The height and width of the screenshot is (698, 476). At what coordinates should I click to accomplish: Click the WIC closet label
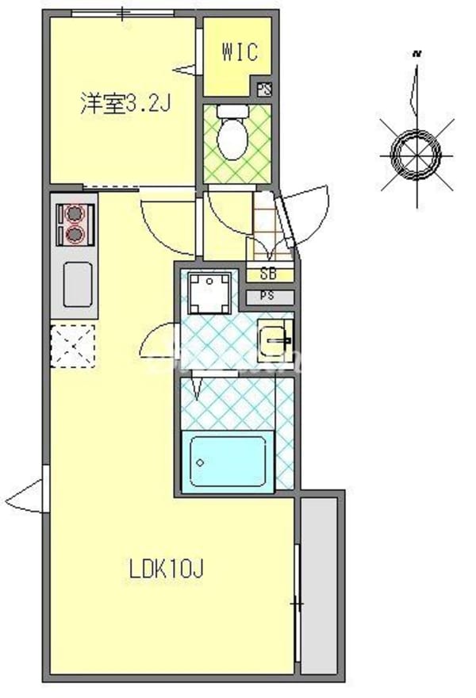coord(239,54)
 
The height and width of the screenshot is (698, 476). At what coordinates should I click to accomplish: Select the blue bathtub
coord(228,461)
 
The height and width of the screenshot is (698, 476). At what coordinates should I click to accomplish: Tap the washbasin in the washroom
coord(276,340)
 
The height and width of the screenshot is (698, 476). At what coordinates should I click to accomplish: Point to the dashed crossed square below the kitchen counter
coord(74,347)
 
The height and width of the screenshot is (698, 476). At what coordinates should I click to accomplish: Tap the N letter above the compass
coord(416,55)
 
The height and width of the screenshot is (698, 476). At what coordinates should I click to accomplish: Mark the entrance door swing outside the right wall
coord(309,208)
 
